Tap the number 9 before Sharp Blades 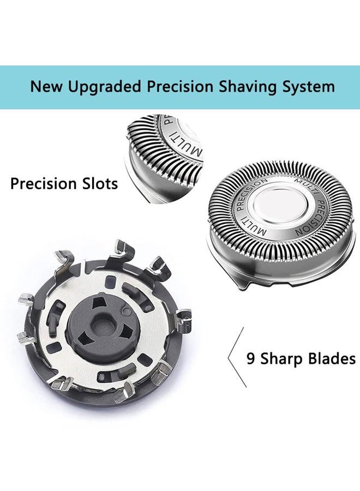pyautogui.click(x=251, y=358)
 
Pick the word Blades pyautogui.click(x=331, y=358)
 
